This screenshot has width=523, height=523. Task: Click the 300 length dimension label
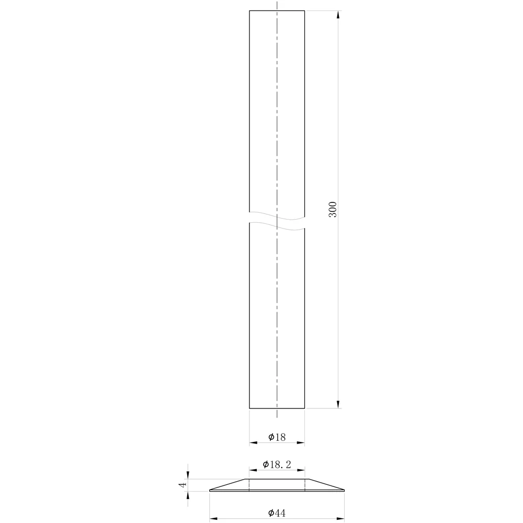333,210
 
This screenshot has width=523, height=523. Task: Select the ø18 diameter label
277,437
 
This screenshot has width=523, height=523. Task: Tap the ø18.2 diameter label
277,464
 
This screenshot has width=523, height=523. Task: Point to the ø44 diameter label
277,513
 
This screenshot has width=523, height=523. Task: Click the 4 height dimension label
183,485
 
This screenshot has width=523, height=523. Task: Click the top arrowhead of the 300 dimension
338,15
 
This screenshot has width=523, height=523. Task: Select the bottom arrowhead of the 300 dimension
338,404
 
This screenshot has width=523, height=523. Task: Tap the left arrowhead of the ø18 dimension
254,442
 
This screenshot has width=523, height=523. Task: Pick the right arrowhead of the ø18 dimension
301,442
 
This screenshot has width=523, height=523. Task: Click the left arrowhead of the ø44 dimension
214,519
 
